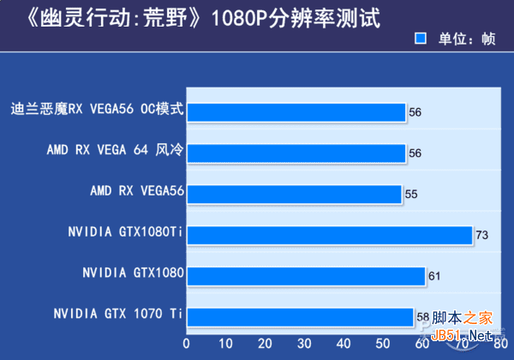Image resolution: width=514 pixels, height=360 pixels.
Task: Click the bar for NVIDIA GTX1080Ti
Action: (x=330, y=235)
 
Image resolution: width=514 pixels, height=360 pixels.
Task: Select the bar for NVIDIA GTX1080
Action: (x=306, y=276)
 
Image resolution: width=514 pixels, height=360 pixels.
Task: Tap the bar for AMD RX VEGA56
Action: (x=294, y=194)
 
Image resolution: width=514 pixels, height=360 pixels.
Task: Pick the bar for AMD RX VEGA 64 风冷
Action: (x=296, y=153)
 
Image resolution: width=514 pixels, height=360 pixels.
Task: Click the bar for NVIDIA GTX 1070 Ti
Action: (x=300, y=317)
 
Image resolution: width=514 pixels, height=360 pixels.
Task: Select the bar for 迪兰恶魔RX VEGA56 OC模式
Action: (x=296, y=112)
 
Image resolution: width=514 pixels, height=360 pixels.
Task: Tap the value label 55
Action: (x=410, y=195)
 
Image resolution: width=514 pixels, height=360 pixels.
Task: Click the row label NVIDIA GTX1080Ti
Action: (x=127, y=232)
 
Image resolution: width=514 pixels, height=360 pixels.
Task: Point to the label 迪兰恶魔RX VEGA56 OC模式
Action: (x=98, y=110)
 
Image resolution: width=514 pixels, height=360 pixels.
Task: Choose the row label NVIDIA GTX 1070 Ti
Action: (x=118, y=314)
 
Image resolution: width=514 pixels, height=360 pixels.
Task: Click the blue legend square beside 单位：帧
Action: (x=420, y=39)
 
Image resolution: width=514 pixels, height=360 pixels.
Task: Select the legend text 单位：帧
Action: (x=467, y=39)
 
